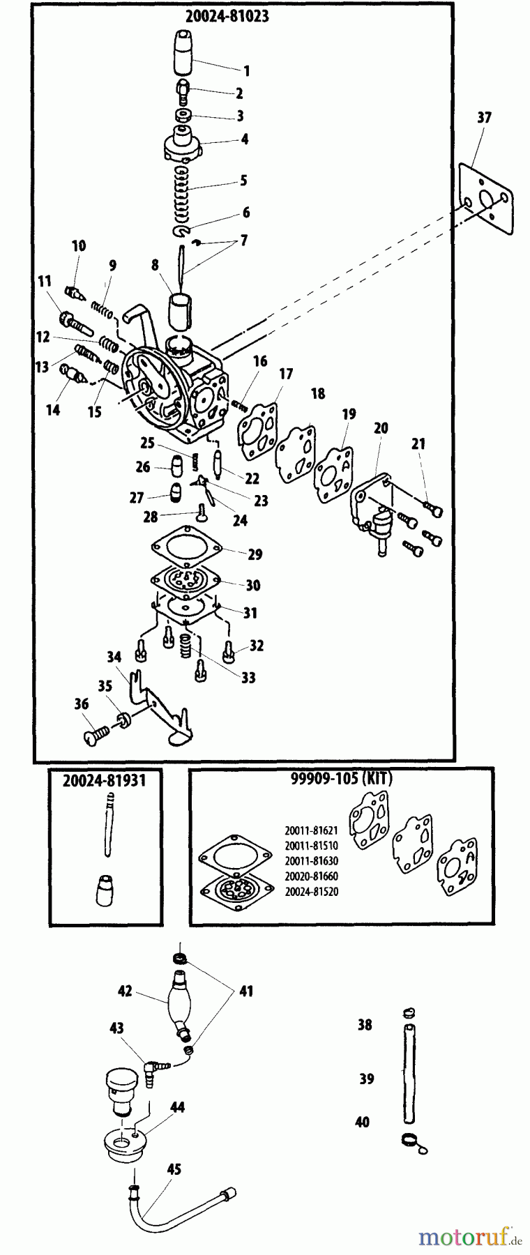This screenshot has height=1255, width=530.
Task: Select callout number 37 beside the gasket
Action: (484, 118)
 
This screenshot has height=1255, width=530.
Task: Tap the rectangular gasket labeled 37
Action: (487, 199)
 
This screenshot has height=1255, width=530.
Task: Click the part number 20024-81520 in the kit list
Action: (311, 892)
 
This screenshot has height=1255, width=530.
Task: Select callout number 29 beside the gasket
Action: (255, 554)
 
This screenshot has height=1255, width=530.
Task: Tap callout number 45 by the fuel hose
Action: (174, 1169)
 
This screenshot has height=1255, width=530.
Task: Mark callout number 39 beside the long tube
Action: (366, 1079)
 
